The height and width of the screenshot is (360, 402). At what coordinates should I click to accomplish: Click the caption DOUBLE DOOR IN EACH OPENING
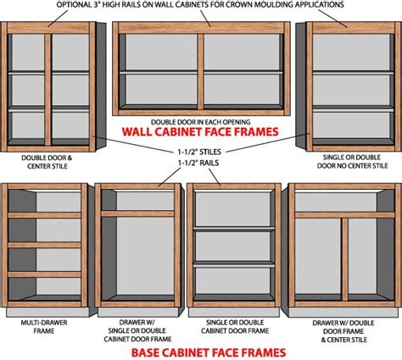201,119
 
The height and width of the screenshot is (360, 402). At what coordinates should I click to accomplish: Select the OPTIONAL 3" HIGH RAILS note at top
201,5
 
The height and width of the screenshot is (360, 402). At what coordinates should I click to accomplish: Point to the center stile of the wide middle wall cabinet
201,69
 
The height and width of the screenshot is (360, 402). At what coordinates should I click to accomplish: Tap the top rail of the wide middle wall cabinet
201,28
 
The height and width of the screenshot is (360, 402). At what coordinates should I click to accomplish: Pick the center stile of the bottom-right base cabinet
344,259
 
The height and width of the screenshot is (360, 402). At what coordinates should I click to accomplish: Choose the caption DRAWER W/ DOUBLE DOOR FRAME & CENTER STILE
343,333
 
